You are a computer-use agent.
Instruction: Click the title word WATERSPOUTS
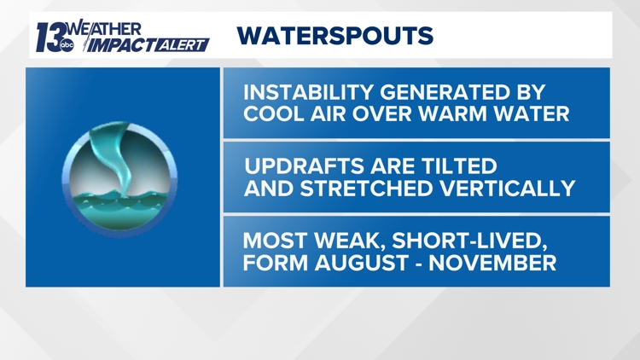pos(335,36)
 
